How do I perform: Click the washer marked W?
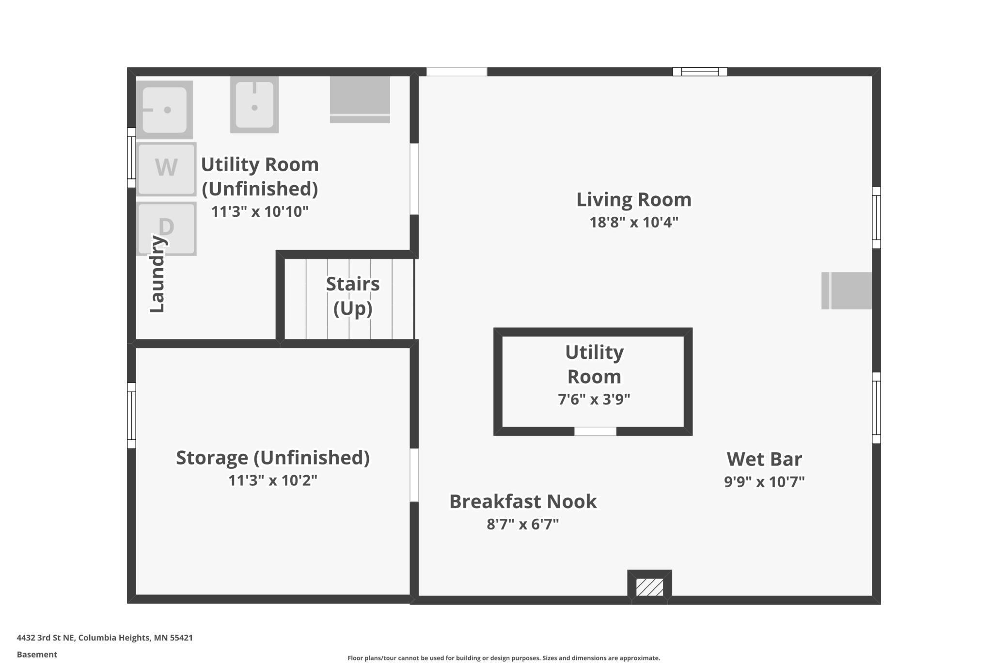click(166, 168)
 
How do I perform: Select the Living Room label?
click(633, 199)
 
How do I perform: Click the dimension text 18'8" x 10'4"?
click(633, 223)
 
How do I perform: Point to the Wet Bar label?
click(764, 459)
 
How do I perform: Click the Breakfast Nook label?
click(523, 501)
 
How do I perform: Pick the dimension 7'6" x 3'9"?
click(594, 399)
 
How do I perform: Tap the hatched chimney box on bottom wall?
click(649, 587)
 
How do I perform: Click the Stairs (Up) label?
click(352, 296)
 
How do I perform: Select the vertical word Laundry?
click(157, 274)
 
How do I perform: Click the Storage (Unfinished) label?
click(272, 457)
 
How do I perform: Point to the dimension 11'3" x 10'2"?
click(272, 480)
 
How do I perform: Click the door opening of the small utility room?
click(595, 431)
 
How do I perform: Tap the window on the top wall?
click(700, 72)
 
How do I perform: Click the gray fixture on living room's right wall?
click(847, 290)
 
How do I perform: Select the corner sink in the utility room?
click(165, 110)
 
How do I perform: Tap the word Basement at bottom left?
click(37, 655)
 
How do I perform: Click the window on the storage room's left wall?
click(131, 415)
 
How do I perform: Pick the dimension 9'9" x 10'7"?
click(764, 482)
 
